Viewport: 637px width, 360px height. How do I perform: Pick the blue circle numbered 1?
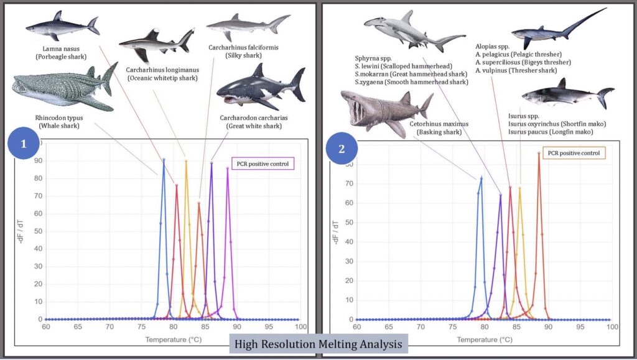[24, 144]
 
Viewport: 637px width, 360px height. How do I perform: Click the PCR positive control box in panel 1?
[263, 164]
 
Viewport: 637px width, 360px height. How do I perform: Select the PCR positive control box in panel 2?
[574, 153]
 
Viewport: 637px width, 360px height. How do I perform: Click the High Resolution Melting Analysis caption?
[318, 343]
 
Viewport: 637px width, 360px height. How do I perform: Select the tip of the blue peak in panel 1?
[164, 159]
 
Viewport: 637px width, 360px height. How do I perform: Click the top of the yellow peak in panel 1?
[185, 161]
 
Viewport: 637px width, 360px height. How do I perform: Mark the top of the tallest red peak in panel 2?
[539, 152]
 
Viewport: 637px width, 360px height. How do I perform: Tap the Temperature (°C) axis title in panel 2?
[485, 339]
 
